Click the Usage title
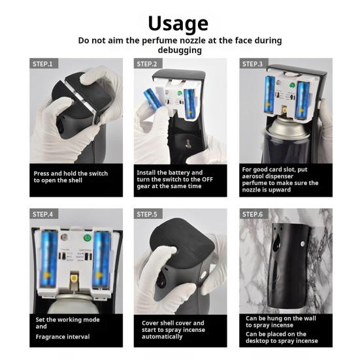coord(178,24)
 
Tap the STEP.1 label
coord(42,64)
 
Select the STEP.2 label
coord(147,64)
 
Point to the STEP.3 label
coord(252,64)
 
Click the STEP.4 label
coord(42,214)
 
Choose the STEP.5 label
coord(147,214)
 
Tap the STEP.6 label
coord(252,214)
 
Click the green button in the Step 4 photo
coord(88,238)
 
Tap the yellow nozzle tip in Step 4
coord(73,278)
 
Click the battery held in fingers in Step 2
coord(152,98)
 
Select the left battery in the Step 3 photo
coord(270,95)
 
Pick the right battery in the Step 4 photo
coord(102,259)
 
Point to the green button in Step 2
coord(180,93)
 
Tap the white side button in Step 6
coord(303,244)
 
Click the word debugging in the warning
coord(180,50)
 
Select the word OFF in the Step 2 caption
coord(207,179)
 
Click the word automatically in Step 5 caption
coord(162,336)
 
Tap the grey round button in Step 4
coord(64,237)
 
